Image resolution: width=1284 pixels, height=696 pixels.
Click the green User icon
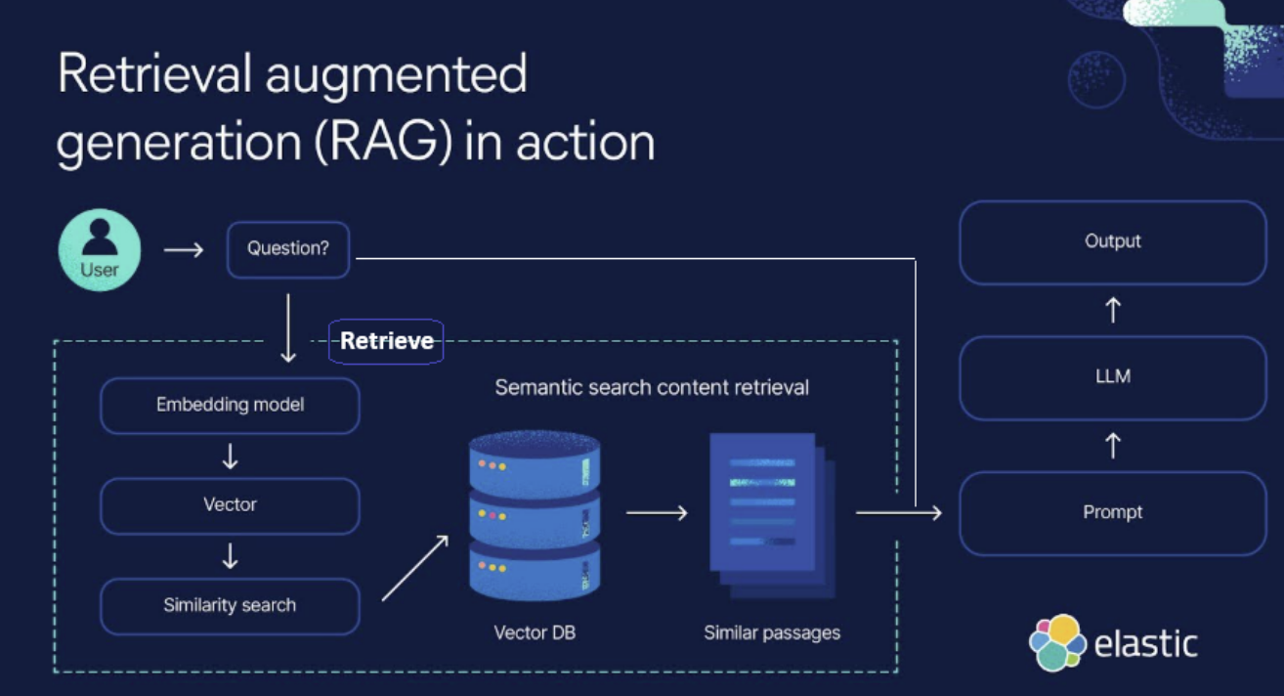click(100, 250)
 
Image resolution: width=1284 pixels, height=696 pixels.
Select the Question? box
click(288, 249)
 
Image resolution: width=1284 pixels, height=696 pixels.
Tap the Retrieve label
click(386, 341)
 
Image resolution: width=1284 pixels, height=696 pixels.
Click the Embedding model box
click(230, 405)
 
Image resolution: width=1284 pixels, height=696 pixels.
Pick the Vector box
click(230, 505)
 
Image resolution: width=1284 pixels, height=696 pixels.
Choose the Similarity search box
click(230, 606)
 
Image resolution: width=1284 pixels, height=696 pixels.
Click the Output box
click(1113, 241)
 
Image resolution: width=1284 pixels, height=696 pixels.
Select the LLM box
click(1113, 377)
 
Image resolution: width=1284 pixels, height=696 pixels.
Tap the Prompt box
click(1113, 512)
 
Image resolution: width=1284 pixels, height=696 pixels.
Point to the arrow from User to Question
click(184, 250)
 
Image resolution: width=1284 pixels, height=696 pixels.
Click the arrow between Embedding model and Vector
click(230, 457)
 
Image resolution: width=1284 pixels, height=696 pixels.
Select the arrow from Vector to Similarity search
click(230, 556)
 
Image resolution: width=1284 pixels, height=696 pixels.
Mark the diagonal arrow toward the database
click(415, 568)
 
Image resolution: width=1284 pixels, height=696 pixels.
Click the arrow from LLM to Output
click(1113, 310)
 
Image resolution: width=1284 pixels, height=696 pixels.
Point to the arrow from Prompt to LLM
click(1113, 446)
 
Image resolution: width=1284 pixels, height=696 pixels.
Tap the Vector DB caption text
click(535, 632)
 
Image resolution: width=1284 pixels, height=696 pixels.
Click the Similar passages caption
click(772, 632)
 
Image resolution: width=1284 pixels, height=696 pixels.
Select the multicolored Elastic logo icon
click(1057, 642)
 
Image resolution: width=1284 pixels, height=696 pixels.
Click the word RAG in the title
click(383, 142)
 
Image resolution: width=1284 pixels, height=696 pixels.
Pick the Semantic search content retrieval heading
click(652, 387)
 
